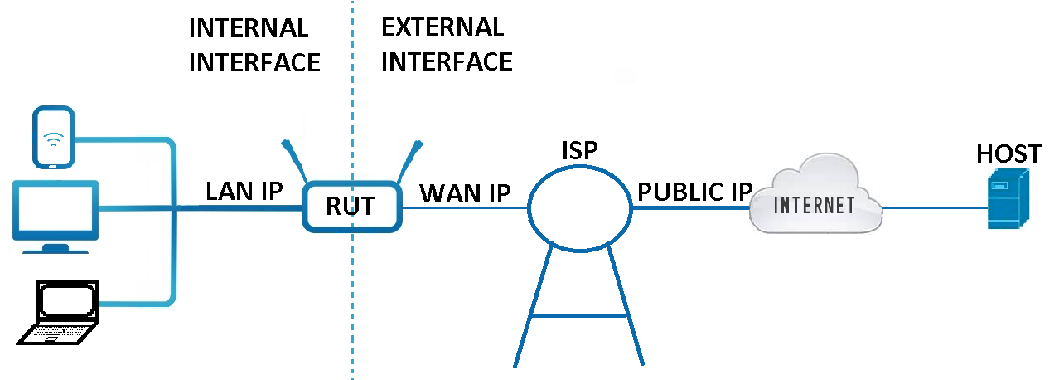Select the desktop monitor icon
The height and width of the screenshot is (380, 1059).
(x=56, y=212)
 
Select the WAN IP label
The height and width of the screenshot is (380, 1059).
(x=465, y=192)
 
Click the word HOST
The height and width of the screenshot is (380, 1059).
(x=1008, y=153)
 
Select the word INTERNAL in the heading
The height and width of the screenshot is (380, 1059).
(x=249, y=27)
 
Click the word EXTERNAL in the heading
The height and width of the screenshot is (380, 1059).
(x=442, y=27)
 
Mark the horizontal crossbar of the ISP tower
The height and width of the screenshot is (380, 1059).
(x=579, y=315)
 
